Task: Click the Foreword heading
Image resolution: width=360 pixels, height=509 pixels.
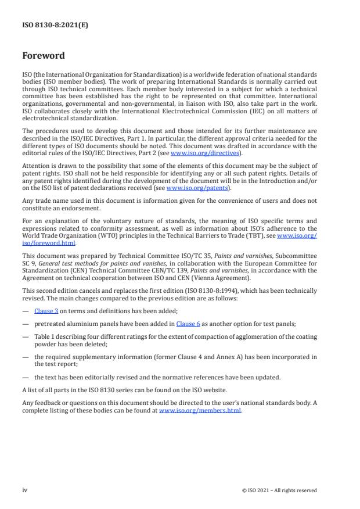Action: coord(44,56)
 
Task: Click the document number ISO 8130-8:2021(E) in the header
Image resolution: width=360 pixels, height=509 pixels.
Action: coord(47,26)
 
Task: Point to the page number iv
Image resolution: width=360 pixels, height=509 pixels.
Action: coord(25,490)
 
